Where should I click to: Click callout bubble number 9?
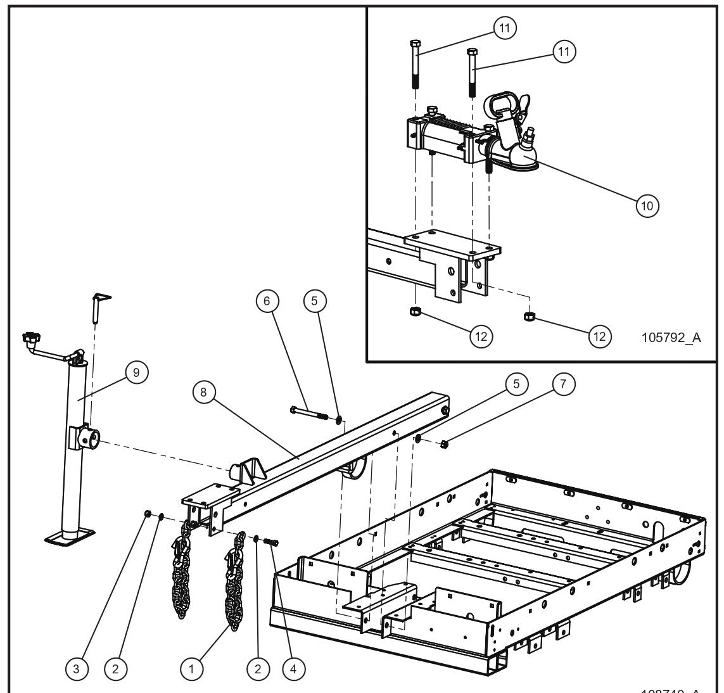pos(136,373)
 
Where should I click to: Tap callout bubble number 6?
pos(267,302)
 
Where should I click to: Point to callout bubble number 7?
pos(562,384)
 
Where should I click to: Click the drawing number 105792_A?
pos(671,338)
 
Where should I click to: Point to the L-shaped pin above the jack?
pos(97,304)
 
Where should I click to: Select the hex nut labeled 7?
pos(445,444)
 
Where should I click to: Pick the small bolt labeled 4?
pos(272,543)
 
